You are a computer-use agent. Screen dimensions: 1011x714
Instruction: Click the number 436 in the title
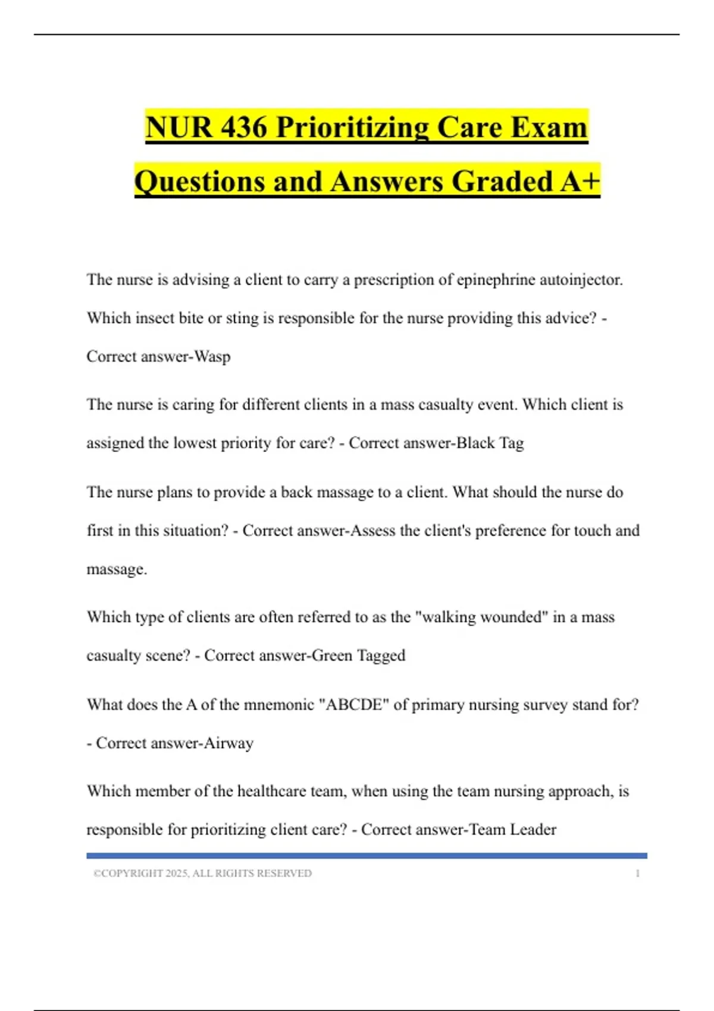point(243,127)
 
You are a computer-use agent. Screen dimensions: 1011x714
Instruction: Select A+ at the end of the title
point(580,181)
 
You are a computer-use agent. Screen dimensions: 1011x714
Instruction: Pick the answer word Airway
point(228,743)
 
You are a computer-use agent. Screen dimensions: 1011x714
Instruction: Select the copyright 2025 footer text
point(202,874)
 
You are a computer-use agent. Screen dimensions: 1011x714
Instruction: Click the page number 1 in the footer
point(638,874)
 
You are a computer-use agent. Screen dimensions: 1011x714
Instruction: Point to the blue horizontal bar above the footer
point(367,856)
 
